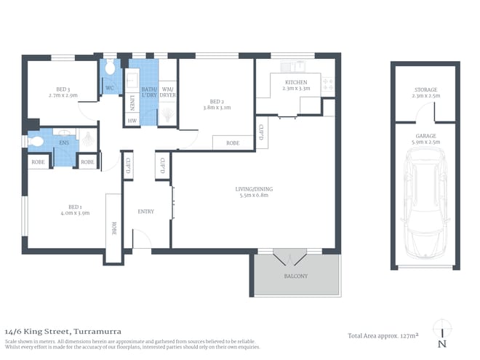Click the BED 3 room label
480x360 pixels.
(x=63, y=89)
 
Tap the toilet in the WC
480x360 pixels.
(x=109, y=71)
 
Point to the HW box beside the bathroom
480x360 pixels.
(x=132, y=120)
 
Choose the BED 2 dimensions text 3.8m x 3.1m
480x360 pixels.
(x=215, y=108)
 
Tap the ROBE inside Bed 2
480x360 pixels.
(x=232, y=143)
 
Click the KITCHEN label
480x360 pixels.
(x=296, y=82)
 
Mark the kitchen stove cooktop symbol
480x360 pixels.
(x=328, y=84)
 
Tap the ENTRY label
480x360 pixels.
(x=145, y=212)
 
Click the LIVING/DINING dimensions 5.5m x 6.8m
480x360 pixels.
(x=252, y=196)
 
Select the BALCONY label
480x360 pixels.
(x=296, y=276)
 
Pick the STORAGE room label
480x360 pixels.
(x=425, y=89)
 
